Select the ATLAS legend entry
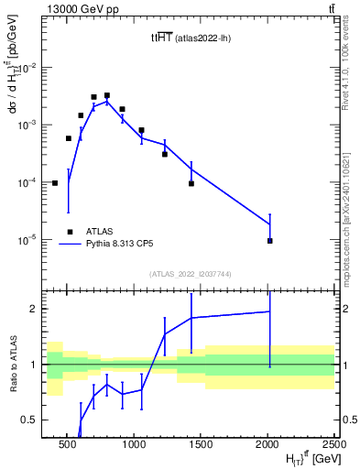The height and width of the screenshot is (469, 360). pyautogui.click(x=102, y=232)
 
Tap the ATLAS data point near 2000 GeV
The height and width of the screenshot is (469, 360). pyautogui.click(x=269, y=241)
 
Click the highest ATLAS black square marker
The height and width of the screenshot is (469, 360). pyautogui.click(x=107, y=95)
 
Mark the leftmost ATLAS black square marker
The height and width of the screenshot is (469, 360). pyautogui.click(x=55, y=183)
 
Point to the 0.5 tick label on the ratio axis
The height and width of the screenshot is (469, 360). pyautogui.click(x=31, y=420)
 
